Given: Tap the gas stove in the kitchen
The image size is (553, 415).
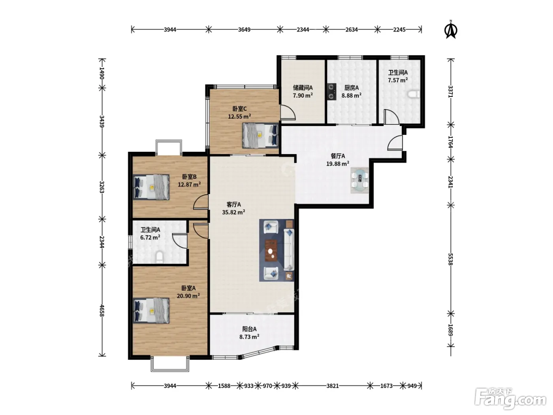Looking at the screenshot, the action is point(331,92).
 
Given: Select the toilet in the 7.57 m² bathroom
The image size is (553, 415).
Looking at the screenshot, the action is point(414,94).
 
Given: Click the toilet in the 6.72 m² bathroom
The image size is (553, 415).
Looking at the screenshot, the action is point(159,257).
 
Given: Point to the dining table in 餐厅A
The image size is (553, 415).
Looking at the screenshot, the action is point(359,180).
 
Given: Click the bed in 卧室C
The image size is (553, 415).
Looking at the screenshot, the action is point(260,135).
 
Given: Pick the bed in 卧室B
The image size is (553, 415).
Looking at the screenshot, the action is point(151,187).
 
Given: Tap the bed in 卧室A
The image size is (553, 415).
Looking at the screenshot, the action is point(151,311).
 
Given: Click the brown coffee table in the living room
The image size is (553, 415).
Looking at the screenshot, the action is point(271,251).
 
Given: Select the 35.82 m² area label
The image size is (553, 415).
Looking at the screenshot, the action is point(233,212).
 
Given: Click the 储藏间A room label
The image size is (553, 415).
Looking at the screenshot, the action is point(303,88).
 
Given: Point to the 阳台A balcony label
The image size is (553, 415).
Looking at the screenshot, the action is point(249,329).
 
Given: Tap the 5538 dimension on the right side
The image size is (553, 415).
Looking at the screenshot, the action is point(450,259).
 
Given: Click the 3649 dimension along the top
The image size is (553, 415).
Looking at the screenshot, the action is point(244,30).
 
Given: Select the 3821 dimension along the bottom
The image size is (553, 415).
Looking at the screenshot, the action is point(333,386).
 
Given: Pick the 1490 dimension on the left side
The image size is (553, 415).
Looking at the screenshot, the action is point(102,73).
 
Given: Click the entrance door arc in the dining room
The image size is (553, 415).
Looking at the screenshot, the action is point(395,143).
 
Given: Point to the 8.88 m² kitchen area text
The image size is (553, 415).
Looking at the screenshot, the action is point(352,96).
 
